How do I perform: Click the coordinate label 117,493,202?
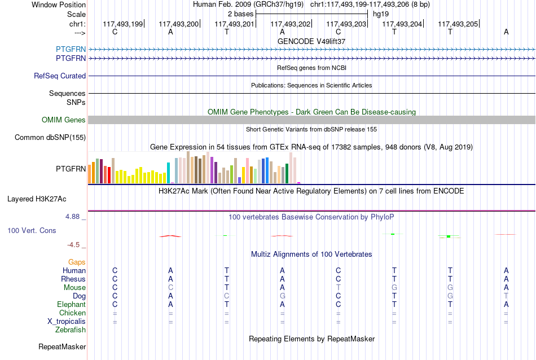click(x=290, y=24)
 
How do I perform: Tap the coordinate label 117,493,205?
click(x=458, y=24)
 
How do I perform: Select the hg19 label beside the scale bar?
click(x=381, y=14)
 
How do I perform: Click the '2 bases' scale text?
click(x=241, y=14)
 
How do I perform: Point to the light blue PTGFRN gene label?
click(x=71, y=49)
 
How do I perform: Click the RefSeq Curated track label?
click(x=60, y=76)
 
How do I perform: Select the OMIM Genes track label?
click(x=64, y=120)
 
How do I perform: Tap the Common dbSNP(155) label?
click(x=50, y=138)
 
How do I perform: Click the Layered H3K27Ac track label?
click(x=37, y=199)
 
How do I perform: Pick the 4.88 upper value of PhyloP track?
click(x=72, y=217)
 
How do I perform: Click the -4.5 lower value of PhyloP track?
click(x=73, y=245)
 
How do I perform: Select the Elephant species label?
click(x=72, y=304)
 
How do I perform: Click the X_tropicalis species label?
click(x=67, y=322)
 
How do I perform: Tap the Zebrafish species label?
click(x=71, y=330)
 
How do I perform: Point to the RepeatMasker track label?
click(x=62, y=346)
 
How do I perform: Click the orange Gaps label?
click(x=77, y=262)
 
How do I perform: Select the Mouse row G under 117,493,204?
click(x=394, y=288)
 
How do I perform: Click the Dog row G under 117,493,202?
click(x=282, y=296)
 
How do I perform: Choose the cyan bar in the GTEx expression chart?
click(x=168, y=173)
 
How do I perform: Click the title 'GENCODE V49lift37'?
click(x=311, y=41)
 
